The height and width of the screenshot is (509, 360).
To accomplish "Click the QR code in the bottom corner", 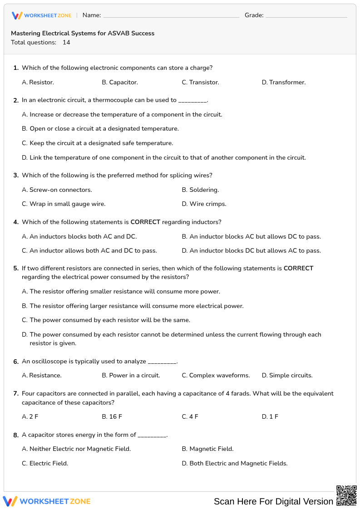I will click(346, 495).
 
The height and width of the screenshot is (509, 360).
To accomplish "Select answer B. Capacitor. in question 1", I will click(120, 82).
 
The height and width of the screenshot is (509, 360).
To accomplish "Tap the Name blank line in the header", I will click(171, 15).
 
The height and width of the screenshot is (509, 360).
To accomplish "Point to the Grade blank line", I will click(306, 15).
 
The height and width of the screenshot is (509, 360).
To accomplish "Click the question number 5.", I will click(16, 269).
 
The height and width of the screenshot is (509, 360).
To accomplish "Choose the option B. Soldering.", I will click(200, 190).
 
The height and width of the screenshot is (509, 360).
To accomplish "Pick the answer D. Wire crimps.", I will click(204, 204).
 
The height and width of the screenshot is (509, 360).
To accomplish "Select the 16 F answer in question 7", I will click(112, 416).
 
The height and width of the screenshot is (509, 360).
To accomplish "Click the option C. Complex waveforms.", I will click(216, 375).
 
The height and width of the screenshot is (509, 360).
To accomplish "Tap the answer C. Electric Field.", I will click(45, 463).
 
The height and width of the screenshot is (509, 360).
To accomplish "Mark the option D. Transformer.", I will click(284, 82).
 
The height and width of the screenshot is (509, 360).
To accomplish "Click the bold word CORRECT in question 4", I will click(145, 222).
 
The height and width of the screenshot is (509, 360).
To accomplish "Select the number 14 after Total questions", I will click(66, 42).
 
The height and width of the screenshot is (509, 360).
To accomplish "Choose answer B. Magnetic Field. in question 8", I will click(207, 449).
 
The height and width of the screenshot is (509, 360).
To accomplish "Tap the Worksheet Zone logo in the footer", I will click(47, 501).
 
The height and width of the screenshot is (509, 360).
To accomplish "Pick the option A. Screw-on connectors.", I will click(57, 190).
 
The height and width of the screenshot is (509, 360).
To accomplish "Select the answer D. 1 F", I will click(270, 416).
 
